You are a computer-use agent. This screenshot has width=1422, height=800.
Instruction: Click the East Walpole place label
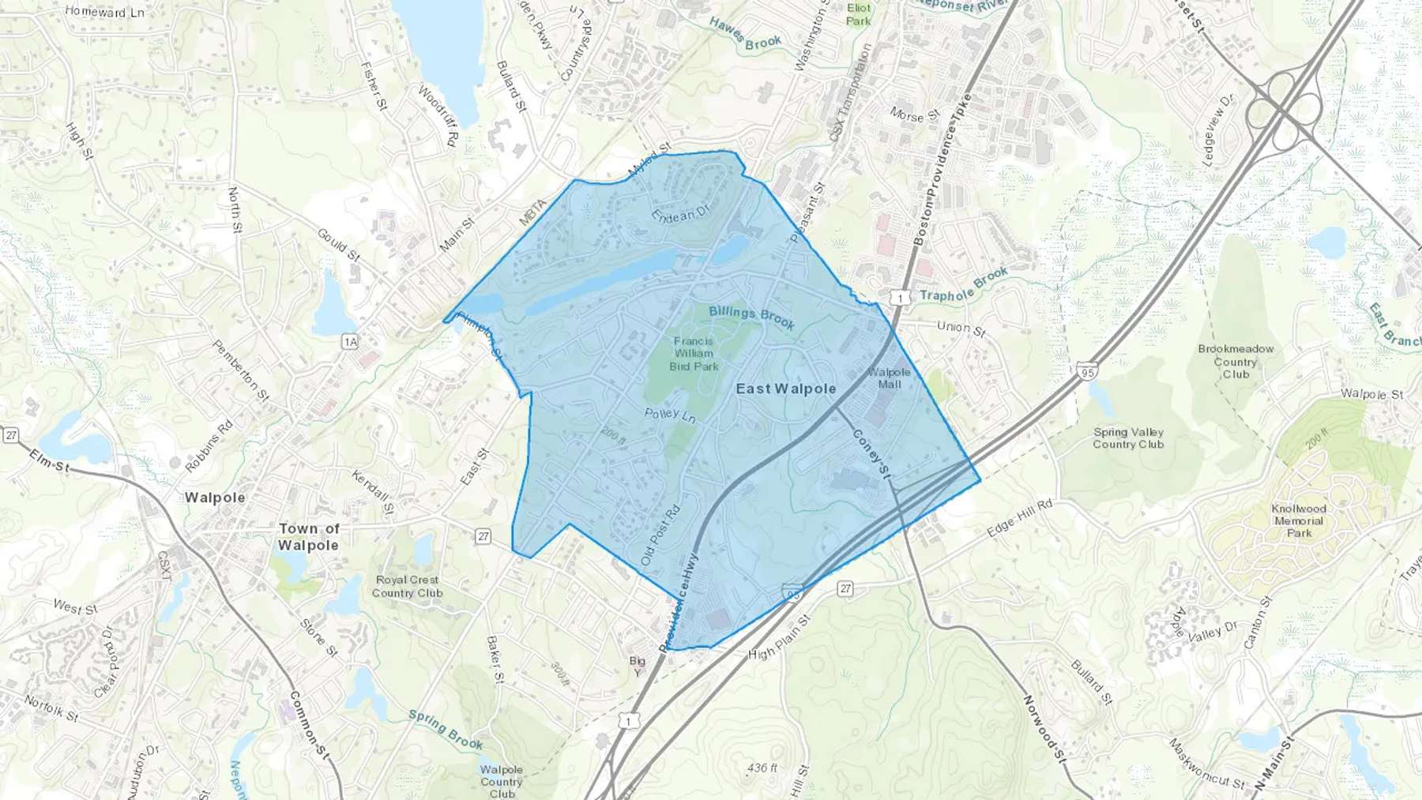pos(786,389)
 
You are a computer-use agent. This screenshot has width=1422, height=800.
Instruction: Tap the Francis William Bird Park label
pos(694,354)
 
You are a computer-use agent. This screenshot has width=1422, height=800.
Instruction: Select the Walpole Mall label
pos(889,377)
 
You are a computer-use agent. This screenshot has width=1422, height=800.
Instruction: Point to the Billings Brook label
pos(751,317)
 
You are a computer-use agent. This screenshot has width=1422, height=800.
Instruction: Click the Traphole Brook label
pos(964,284)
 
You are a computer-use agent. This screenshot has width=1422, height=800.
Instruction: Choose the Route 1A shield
pos(350,341)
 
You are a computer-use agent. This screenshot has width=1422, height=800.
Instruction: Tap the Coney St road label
pos(871,453)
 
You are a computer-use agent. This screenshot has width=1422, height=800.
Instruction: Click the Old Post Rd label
pos(660,534)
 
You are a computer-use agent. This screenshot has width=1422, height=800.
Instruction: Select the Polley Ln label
pos(670,414)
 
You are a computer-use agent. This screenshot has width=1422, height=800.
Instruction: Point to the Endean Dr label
pos(681,212)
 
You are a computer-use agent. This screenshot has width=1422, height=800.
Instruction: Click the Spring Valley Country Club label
pos(1128,438)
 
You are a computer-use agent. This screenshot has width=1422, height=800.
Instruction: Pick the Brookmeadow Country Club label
pos(1236,361)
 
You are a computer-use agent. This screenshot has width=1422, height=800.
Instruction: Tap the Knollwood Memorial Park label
pos(1299,520)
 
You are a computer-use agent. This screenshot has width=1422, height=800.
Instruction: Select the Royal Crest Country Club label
pos(407,586)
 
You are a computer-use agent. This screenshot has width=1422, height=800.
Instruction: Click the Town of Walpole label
pos(308,537)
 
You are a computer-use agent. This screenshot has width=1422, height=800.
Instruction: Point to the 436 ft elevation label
pos(762,768)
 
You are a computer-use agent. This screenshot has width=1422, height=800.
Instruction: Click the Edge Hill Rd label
pos(1019,518)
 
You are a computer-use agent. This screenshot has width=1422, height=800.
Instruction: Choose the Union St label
pos(961,328)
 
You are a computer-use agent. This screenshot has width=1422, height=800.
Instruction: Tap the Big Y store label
pos(637,666)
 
